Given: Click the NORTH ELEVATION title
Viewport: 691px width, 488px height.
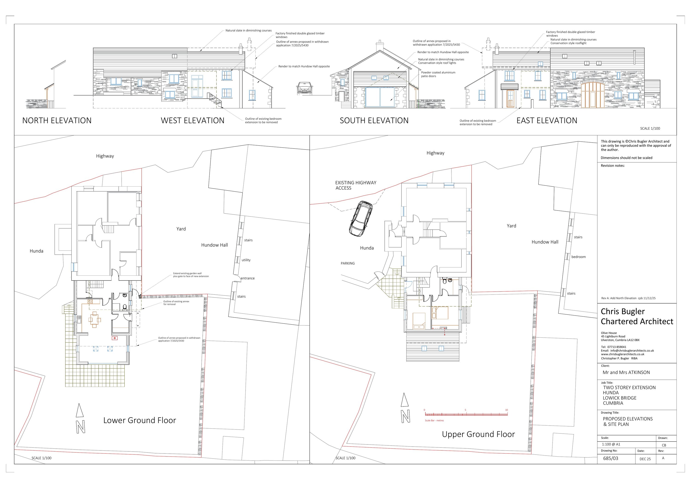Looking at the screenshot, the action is pos(57,121).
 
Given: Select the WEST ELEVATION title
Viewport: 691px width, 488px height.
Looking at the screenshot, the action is pos(193,121).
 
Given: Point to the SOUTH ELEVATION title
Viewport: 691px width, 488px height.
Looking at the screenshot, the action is pos(374,121).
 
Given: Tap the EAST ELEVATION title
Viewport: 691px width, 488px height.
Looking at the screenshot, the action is pos(547,121).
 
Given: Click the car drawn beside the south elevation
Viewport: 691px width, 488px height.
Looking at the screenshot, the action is pos(305,88).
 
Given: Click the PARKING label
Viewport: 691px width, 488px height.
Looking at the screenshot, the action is pos(348,263).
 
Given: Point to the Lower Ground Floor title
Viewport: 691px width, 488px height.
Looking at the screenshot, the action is pos(140,420).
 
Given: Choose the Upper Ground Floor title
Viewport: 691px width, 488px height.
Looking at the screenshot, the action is pos(478,434).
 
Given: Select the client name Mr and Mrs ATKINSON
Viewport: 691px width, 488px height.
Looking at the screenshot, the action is pos(626,372).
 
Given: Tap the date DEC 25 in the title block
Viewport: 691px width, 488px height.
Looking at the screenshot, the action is pos(645,459).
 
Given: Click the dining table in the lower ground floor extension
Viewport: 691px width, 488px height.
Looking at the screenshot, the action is pos(94,319).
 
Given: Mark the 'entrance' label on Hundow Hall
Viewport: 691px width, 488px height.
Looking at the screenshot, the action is pos(248,278).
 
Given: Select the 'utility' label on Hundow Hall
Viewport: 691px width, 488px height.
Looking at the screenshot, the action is pos(246,260).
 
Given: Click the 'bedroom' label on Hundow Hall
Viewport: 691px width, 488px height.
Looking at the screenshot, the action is pos(578,257).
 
